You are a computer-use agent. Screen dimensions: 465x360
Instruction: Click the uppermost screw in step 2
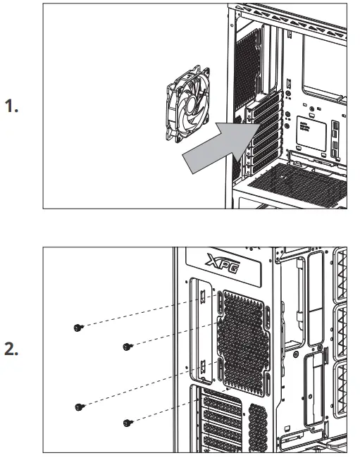[x=78, y=327]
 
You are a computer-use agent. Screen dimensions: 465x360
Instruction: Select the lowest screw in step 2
[x=127, y=423]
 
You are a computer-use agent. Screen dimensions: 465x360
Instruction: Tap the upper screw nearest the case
[x=127, y=346]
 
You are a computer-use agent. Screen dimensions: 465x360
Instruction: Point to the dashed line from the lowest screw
[x=176, y=405]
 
